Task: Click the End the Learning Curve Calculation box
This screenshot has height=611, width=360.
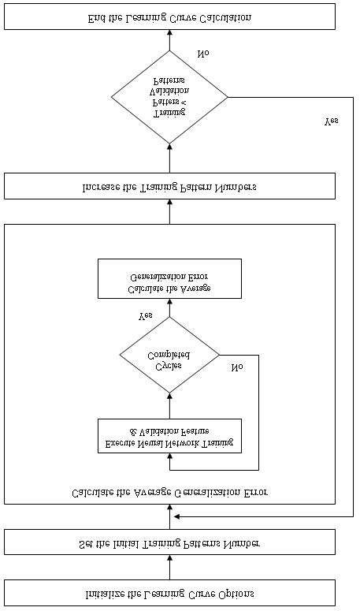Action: pos(169,17)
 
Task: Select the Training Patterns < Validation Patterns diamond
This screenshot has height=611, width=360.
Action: pos(169,97)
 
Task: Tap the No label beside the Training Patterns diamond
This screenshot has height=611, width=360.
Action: pos(203,54)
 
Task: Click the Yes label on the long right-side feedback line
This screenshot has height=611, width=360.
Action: pos(332,122)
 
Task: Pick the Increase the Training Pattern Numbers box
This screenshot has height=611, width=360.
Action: pos(169,187)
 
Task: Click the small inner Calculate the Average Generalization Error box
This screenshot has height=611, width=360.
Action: pos(169,278)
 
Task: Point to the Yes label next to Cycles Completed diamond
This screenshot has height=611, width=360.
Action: pos(146,315)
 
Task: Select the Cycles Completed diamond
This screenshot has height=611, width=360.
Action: pos(169,355)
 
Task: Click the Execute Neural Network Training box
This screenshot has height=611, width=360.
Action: pos(169,435)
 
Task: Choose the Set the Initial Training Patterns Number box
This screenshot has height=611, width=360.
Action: pos(169,542)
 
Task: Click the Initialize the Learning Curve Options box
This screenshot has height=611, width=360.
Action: pos(169,592)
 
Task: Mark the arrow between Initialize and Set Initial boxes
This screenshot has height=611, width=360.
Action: pos(169,567)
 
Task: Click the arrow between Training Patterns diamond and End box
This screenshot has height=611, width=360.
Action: pos(169,40)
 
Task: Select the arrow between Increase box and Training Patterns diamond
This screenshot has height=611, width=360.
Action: pos(169,158)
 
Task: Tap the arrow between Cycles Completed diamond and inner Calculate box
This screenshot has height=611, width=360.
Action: pos(169,307)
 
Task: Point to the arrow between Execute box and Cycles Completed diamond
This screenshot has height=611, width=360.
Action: pos(169,405)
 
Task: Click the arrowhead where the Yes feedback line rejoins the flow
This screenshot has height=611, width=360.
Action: pos(177,516)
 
